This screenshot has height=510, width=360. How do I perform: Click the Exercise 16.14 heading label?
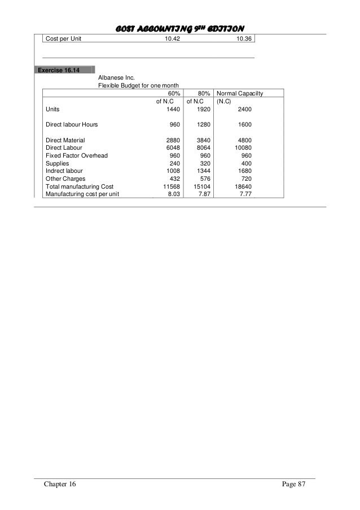pyautogui.click(x=59, y=71)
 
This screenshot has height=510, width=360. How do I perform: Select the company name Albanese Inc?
pyautogui.click(x=116, y=78)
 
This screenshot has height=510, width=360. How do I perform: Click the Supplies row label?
pyautogui.click(x=57, y=163)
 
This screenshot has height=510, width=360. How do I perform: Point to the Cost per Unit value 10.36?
pyautogui.click(x=245, y=38)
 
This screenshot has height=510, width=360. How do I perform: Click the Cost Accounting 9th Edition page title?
pyautogui.click(x=179, y=28)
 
